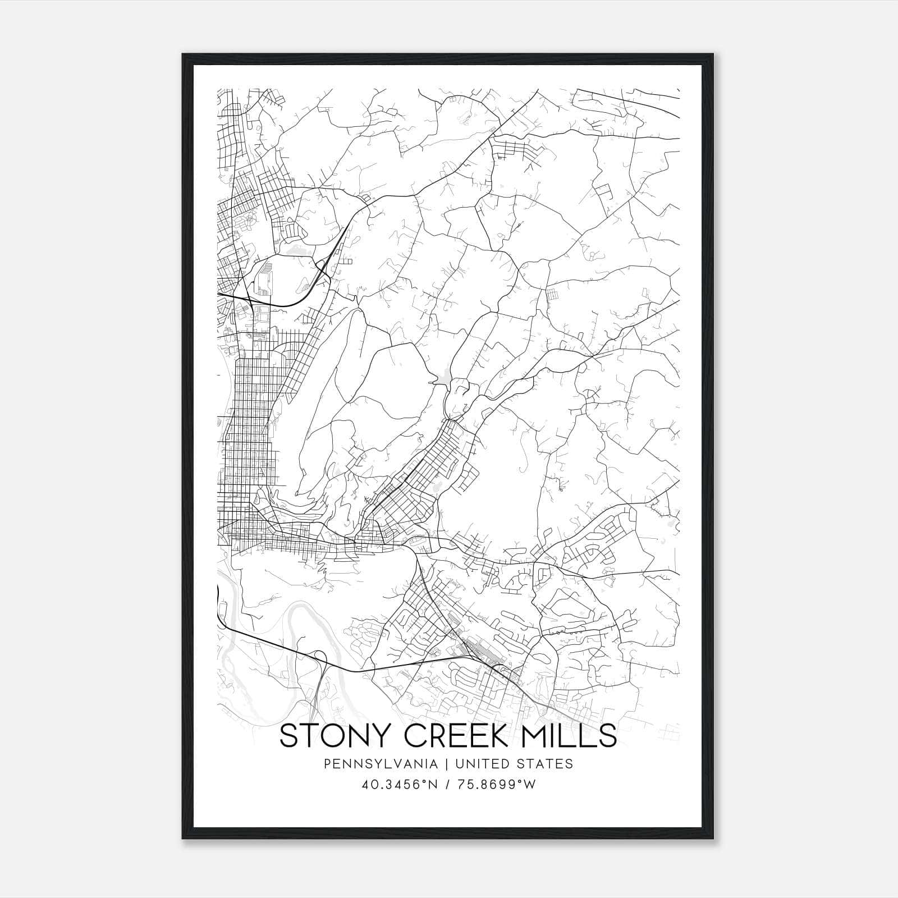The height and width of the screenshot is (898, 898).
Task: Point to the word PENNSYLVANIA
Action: [x=373, y=764]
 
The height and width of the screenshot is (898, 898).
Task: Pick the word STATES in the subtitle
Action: [x=544, y=764]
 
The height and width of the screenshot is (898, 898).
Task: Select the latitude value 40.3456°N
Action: [x=400, y=785]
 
